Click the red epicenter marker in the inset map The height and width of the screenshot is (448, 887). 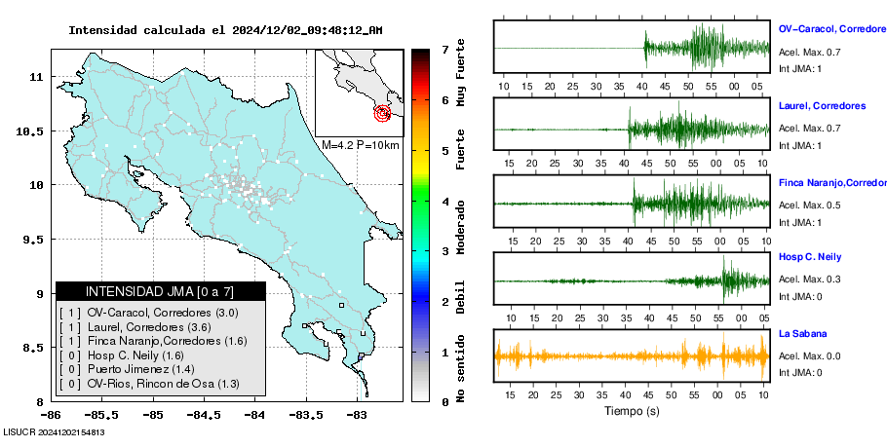[x=383, y=114]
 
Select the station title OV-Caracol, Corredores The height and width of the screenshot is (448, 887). [x=831, y=30]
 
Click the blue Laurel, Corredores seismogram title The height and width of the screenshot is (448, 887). [x=823, y=105]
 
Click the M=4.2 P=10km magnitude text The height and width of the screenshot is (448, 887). [x=360, y=145]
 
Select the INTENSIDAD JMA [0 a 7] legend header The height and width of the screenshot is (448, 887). [x=161, y=291]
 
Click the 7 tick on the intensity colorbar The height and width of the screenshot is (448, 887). [x=444, y=49]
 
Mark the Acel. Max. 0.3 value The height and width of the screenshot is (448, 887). [x=809, y=280]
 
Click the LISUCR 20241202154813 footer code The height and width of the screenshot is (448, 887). [x=55, y=431]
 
